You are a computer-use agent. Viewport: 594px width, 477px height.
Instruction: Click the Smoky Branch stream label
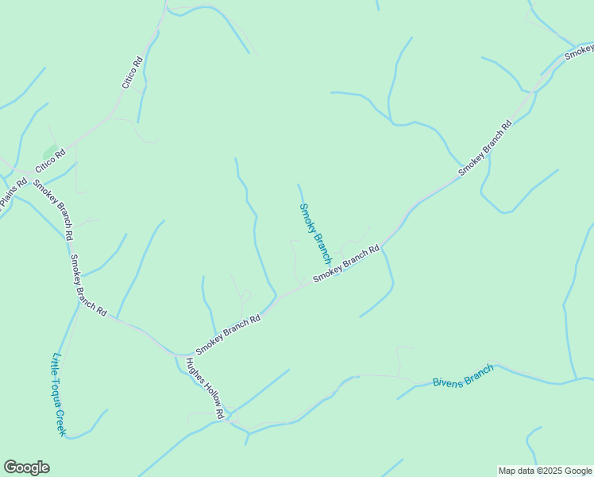pyautogui.click(x=314, y=234)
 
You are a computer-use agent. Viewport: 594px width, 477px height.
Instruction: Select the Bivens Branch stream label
pyautogui.click(x=463, y=375)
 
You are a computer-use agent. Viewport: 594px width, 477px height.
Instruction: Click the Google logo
pyautogui.click(x=26, y=467)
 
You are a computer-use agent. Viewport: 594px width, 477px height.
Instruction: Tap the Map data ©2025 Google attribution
pyautogui.click(x=545, y=471)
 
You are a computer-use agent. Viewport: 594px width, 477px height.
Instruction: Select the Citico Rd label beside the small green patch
pyautogui.click(x=48, y=162)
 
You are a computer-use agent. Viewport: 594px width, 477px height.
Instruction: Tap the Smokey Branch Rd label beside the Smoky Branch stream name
pyautogui.click(x=346, y=263)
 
